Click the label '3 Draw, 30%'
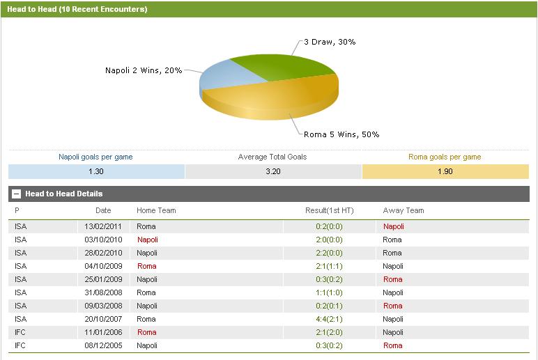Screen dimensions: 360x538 tap(330, 42)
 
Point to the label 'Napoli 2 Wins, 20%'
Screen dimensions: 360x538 tap(144, 70)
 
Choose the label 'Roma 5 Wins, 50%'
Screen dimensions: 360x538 tap(341, 134)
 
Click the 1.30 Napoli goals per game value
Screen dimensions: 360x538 tap(97, 171)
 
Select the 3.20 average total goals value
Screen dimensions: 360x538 tap(273, 171)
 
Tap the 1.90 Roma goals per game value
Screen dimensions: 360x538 tap(445, 171)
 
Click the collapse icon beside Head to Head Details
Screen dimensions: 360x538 tap(17, 194)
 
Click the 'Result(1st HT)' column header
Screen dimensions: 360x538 tap(330, 210)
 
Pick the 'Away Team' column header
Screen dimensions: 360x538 tap(403, 210)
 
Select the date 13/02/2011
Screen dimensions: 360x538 tap(103, 226)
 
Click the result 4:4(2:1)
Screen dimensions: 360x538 tap(330, 319)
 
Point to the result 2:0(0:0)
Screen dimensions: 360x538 tap(330, 240)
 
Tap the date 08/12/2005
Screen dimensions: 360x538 tap(103, 345)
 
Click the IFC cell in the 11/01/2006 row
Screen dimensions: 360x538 tap(20, 332)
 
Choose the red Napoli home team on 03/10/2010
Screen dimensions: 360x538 tap(148, 240)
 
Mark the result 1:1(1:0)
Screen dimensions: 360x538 tap(330, 292)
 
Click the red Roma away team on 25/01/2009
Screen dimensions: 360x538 tap(392, 279)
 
